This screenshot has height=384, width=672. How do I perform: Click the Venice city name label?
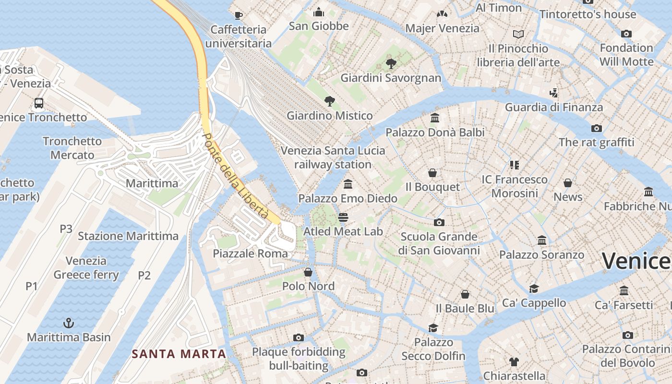pos(636,261)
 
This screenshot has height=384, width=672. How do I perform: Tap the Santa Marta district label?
pos(179,354)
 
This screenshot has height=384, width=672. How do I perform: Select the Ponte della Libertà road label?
pos(235,176)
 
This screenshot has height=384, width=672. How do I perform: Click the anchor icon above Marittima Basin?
pos(69,323)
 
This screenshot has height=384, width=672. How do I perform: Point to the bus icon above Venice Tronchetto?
pos(39,103)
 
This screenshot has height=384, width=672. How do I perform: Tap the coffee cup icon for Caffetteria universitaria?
pos(238,14)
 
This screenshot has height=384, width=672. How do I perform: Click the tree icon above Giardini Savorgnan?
pos(391,63)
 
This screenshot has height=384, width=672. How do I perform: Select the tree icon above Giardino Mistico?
pos(329,101)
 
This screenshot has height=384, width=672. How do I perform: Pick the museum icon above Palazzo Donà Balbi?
pos(435,118)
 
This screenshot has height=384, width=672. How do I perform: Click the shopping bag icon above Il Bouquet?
pos(432,173)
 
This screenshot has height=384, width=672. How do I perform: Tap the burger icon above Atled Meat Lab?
pos(343,217)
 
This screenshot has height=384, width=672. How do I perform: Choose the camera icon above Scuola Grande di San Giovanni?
pos(439,222)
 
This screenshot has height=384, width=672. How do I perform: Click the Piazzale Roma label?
pos(250,253)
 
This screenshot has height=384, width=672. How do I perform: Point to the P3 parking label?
pos(66,229)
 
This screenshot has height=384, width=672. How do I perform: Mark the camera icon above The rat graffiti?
pos(597,128)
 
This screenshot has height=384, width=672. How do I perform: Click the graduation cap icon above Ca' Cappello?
pos(534,288)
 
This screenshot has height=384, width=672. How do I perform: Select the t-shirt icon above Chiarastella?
pos(514,361)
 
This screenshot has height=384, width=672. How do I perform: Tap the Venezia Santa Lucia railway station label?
pos(333,157)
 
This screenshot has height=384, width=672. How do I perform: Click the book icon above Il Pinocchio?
pos(518,34)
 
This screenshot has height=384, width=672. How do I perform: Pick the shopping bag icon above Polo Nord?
pos(308,272)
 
